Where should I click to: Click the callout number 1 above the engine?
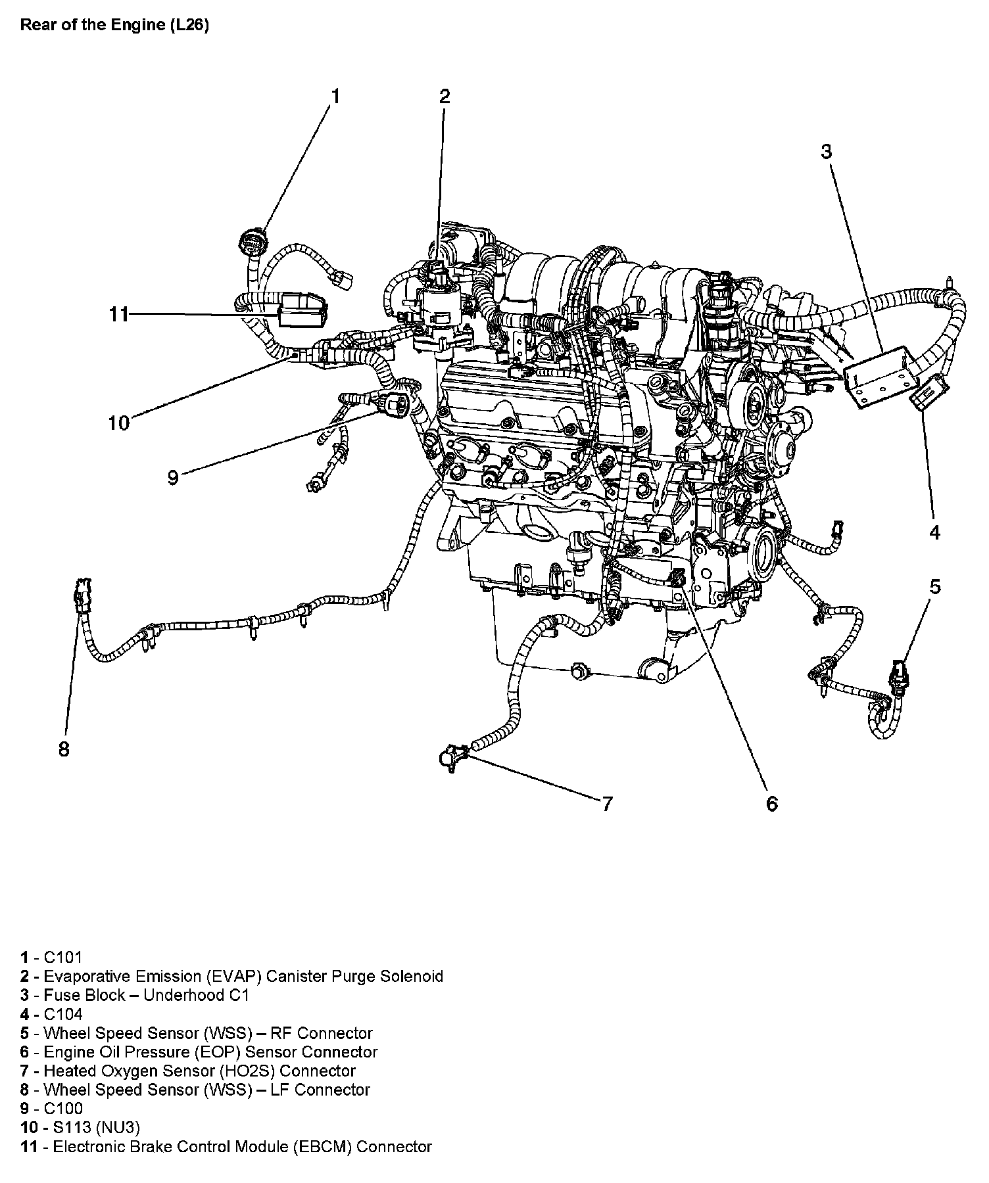[335, 97]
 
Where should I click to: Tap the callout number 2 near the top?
[445, 97]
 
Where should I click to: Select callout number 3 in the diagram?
[826, 152]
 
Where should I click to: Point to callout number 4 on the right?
[934, 532]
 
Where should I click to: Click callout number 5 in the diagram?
[935, 586]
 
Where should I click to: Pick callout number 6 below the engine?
[772, 803]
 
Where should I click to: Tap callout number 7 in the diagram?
[607, 803]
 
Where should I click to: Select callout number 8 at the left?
[64, 749]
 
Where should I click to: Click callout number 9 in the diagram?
[173, 477]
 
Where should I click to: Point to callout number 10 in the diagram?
[119, 423]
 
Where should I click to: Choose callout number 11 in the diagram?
[119, 315]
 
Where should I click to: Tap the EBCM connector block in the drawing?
[301, 310]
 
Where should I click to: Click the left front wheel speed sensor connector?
[83, 594]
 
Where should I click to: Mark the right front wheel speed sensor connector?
[898, 674]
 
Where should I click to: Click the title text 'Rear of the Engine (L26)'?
[114, 26]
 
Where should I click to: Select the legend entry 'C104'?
[63, 1014]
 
